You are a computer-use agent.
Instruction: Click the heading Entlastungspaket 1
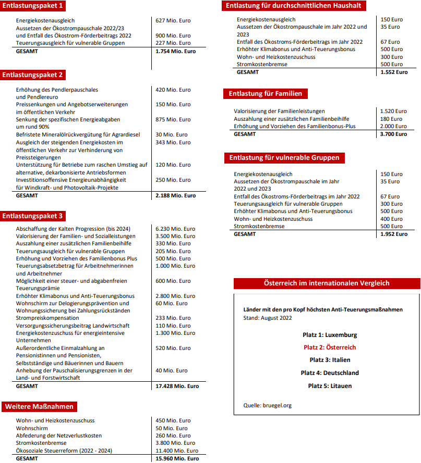coord(33,6)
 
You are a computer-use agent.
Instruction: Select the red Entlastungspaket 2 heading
coord(33,75)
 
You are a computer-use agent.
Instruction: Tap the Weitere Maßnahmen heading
coord(40,406)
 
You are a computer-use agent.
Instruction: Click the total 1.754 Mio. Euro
coord(176,52)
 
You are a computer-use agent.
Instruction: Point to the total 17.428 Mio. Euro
coord(177,386)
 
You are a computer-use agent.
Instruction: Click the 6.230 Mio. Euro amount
coord(175,229)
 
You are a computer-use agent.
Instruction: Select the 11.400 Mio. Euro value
coord(177,451)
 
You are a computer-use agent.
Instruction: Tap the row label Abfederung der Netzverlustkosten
coord(59,435)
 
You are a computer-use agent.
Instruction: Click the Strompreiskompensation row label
coord(47,318)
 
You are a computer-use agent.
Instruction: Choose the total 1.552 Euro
coord(394,72)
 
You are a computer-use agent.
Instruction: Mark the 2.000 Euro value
coord(393,126)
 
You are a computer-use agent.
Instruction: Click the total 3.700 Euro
coord(393,134)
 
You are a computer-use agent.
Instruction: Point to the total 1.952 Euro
coord(394,234)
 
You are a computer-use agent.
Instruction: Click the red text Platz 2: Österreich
coord(330,347)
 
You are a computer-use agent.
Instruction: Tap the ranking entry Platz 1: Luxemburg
coord(330,335)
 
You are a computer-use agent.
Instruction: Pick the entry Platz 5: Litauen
coord(330,386)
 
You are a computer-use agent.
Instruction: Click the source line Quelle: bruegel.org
coord(267,405)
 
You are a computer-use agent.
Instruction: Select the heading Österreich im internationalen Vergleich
coord(327,283)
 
